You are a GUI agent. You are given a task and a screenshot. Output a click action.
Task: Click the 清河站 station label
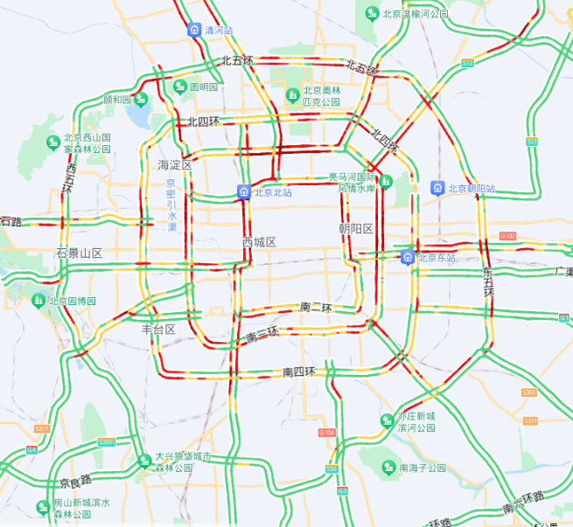219,31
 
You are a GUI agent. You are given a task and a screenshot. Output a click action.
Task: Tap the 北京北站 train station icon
242,192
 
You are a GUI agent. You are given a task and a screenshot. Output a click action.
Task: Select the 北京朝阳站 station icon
437,188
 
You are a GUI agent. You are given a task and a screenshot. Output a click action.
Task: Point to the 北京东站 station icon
407,258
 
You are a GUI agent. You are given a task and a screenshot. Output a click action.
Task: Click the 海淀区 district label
174,165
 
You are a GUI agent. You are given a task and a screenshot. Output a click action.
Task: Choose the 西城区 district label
259,241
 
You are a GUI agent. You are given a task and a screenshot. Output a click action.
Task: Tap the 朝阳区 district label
356,229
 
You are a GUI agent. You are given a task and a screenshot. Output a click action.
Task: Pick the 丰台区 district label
158,329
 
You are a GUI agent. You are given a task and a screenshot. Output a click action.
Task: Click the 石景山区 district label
80,253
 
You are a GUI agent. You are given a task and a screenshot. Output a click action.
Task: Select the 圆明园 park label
204,87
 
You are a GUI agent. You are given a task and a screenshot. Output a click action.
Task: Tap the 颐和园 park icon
140,100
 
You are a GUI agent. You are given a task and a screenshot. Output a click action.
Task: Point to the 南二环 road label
316,308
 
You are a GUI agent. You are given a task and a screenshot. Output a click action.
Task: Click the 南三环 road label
262,334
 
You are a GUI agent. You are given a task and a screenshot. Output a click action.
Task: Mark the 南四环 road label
299,371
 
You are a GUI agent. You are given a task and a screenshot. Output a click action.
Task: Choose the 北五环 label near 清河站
237,61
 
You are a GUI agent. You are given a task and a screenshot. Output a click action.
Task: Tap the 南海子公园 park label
423,468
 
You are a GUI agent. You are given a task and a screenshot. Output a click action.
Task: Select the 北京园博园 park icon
38,301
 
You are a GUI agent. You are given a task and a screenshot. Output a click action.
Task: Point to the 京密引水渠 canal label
171,205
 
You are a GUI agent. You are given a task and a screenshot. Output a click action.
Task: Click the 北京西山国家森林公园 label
87,143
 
